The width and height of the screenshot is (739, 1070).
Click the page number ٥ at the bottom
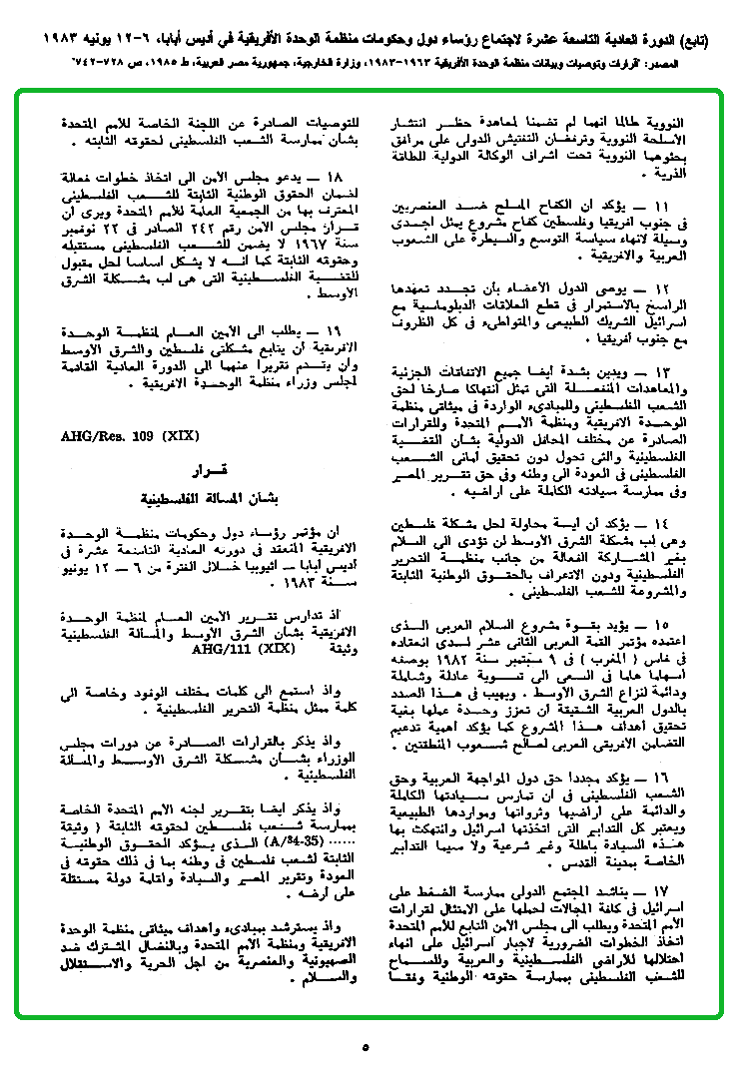[367, 1048]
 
